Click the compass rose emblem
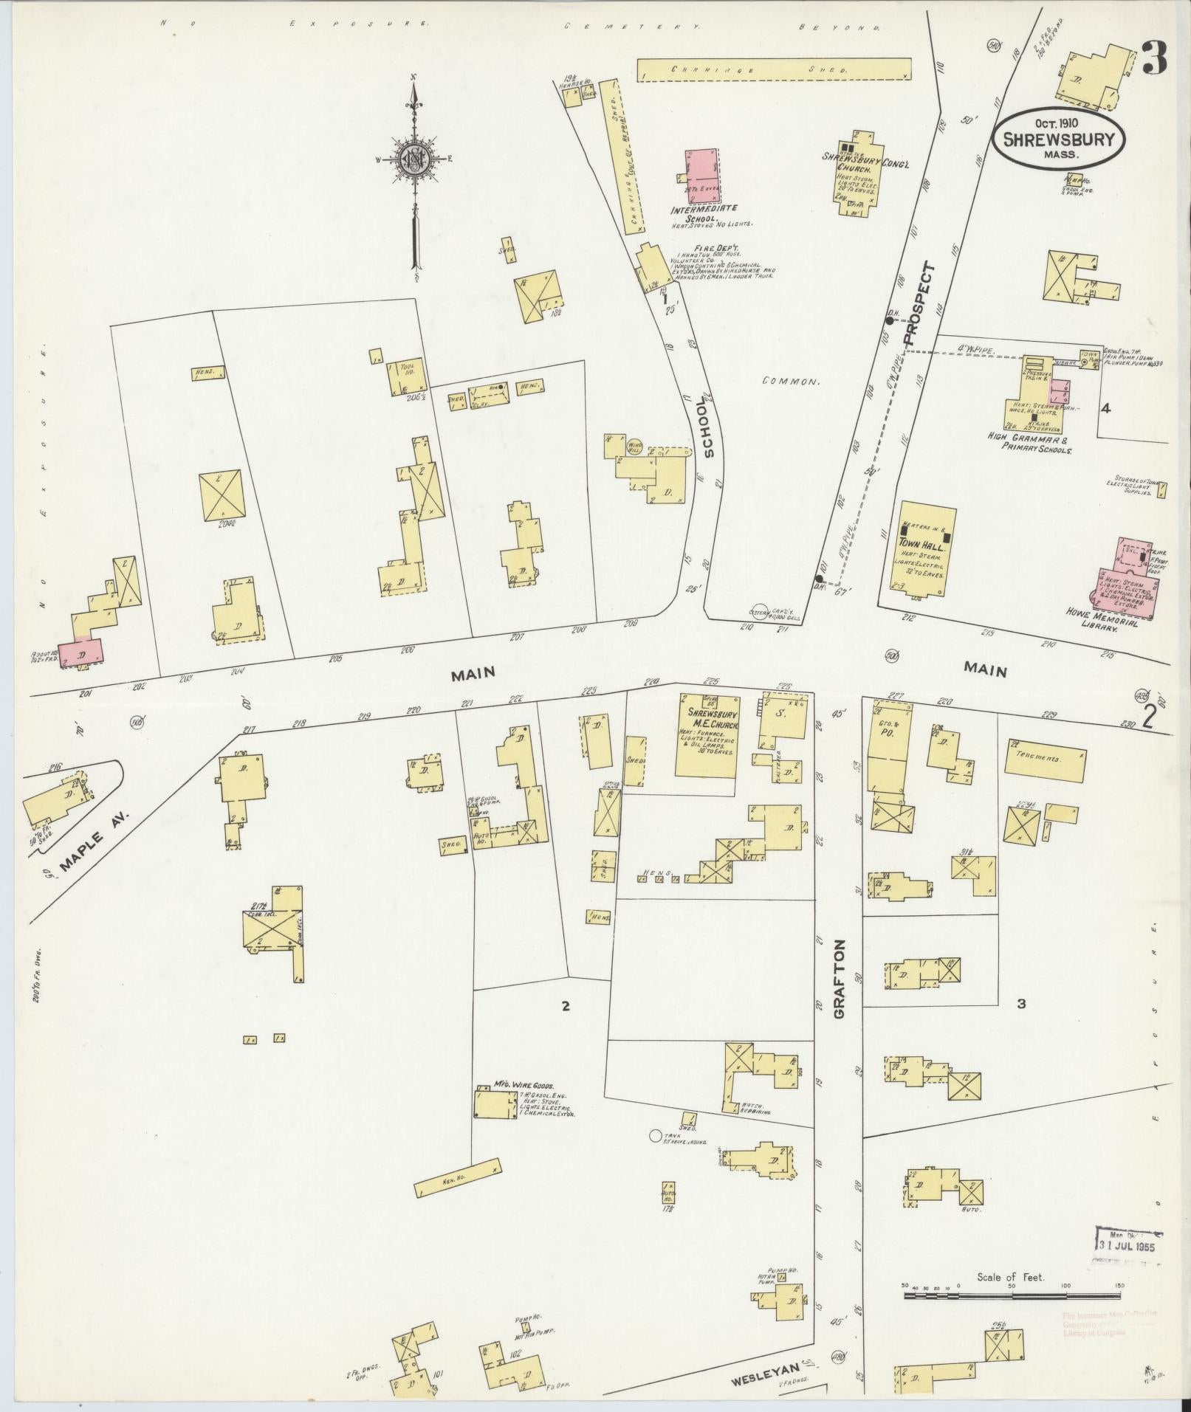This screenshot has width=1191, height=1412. coord(414,158)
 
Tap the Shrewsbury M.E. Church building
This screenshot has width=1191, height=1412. coord(707,735)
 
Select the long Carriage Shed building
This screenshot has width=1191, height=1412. coord(775,69)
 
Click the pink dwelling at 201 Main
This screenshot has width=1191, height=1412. coord(81,653)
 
